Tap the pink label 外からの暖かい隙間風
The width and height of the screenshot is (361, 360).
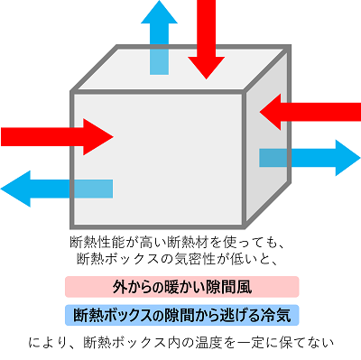(180, 288)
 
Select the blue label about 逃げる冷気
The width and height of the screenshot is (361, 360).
(180, 316)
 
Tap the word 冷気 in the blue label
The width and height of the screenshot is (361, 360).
(277, 316)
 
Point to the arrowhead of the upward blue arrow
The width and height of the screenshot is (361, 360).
(159, 14)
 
